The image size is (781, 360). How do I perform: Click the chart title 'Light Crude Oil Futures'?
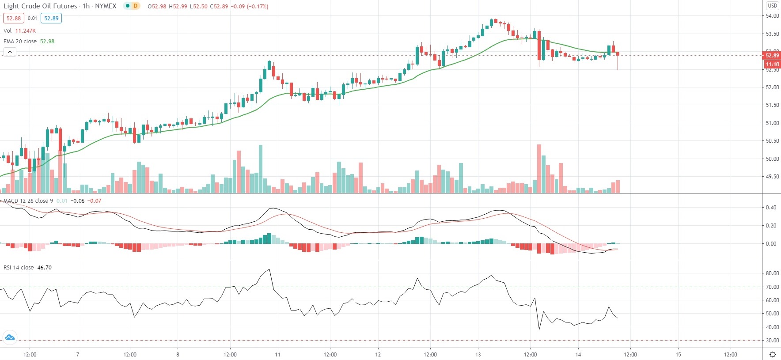[40, 6]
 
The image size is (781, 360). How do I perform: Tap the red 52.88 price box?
[13, 19]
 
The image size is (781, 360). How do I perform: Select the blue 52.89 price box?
[51, 19]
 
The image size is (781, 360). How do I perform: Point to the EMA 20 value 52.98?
[47, 42]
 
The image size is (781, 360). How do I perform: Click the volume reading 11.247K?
[26, 31]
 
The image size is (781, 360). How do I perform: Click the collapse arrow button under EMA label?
[10, 52]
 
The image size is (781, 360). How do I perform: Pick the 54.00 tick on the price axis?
[772, 16]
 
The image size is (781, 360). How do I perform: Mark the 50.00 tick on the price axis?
[772, 159]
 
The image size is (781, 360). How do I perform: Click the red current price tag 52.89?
[772, 55]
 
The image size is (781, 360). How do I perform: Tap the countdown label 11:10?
[772, 64]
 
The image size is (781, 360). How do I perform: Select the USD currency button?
[772, 6]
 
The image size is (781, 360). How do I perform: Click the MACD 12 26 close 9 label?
[28, 201]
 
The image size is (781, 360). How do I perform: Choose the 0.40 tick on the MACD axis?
[771, 208]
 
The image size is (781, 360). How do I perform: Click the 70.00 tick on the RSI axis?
[772, 287]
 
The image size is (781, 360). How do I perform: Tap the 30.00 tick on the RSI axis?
[772, 341]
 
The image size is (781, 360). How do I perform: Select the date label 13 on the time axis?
[478, 355]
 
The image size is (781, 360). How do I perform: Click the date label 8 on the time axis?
[178, 355]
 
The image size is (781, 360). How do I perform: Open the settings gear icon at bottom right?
[773, 355]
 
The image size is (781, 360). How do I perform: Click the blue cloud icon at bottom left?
[10, 338]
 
